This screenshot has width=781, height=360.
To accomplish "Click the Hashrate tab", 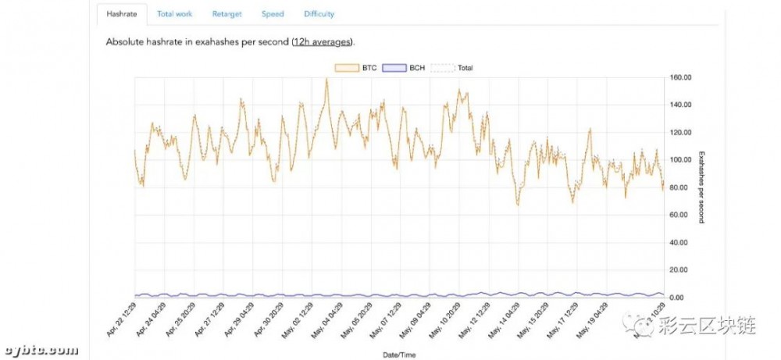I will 122,14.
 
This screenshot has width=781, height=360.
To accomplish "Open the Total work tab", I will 174,14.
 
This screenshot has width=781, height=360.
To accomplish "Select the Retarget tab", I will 226,14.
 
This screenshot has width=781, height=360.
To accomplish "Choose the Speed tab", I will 273,14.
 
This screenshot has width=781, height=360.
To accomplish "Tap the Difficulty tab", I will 319,14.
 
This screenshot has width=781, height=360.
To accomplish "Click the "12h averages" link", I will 323,41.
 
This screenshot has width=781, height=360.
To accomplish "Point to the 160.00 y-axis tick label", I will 683,77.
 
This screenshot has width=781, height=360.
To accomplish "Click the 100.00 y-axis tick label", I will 683,160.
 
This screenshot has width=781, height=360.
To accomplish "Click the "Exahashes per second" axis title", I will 701,187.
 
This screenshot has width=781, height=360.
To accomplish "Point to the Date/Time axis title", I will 400,355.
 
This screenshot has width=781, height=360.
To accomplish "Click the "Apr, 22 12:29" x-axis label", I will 120,321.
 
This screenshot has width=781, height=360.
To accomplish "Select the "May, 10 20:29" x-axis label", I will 443,321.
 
